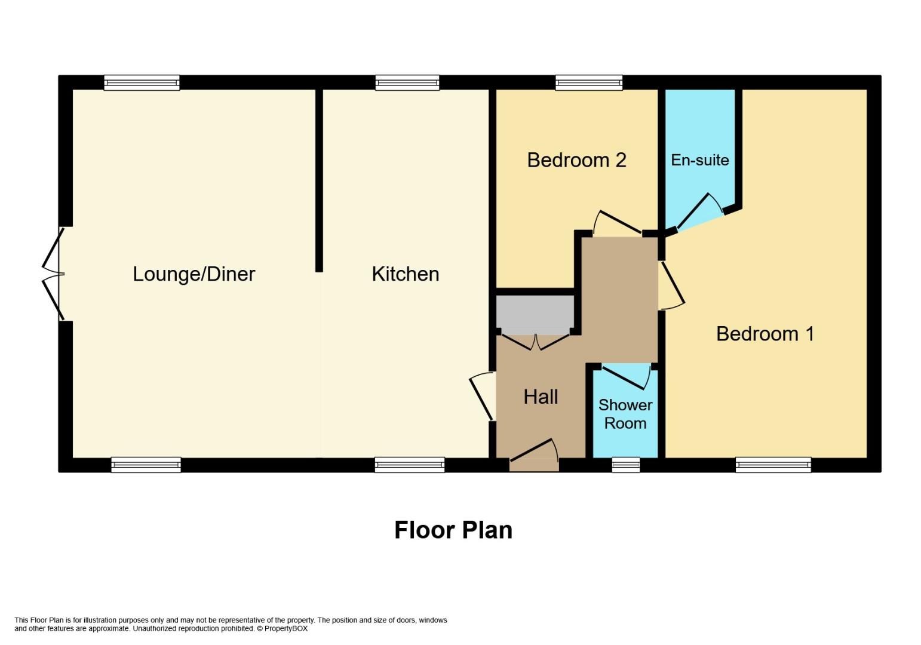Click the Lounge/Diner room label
[194, 274]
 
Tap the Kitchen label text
[405, 274]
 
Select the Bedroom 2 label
[576, 160]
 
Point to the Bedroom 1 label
[765, 333]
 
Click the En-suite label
[699, 160]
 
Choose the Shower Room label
[625, 414]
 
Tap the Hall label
[541, 397]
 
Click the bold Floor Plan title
[453, 530]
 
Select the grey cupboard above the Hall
[535, 314]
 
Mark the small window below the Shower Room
[625, 465]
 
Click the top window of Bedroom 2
[588, 83]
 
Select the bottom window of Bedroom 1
[773, 465]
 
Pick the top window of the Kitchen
[407, 83]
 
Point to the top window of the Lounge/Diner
[142, 83]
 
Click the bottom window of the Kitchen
[409, 465]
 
